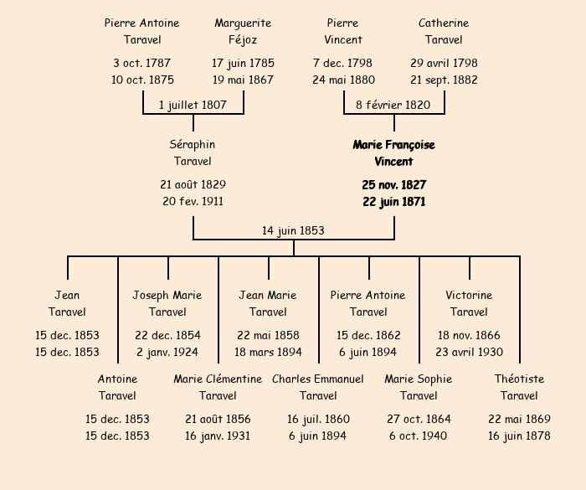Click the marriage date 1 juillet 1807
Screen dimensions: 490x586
point(193,105)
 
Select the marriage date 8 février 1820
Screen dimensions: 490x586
point(393,105)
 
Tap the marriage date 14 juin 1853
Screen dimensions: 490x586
point(293,230)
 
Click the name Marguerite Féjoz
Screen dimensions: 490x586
point(243,31)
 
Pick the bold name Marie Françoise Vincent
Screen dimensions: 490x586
point(393,153)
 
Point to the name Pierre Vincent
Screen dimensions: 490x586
point(343,31)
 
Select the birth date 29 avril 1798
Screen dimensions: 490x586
point(444,63)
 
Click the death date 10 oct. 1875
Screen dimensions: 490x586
point(142,80)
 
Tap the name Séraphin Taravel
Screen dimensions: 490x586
point(193,153)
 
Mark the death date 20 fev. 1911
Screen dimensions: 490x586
point(193,201)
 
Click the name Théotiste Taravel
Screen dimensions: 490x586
point(519,387)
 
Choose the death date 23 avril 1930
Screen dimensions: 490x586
point(469,352)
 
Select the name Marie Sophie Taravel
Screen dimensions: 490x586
point(419,387)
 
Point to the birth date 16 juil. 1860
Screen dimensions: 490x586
point(318,419)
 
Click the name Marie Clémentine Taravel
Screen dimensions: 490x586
point(218,387)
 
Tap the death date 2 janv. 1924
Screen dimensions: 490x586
point(167,352)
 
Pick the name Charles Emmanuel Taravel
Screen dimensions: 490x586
point(318,387)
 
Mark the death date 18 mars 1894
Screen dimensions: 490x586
point(268,352)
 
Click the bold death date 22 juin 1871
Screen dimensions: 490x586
point(393,201)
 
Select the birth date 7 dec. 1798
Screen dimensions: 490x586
point(343,63)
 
